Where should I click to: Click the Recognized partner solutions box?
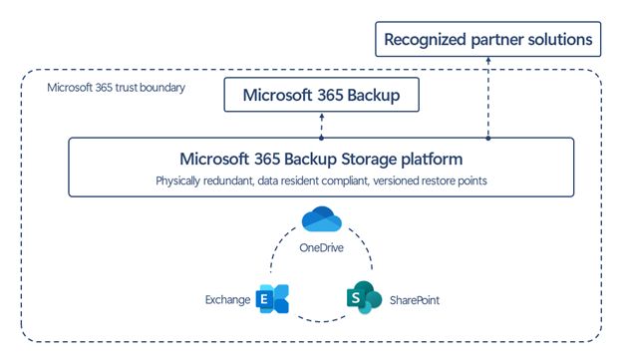tap(488, 40)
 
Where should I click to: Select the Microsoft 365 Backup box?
tap(320, 96)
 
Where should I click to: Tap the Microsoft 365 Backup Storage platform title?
tap(320, 159)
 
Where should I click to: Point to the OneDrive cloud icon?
tap(321, 219)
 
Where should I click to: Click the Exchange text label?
tap(227, 299)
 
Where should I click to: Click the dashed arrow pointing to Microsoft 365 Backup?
tap(320, 126)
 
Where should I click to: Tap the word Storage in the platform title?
tap(369, 159)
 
